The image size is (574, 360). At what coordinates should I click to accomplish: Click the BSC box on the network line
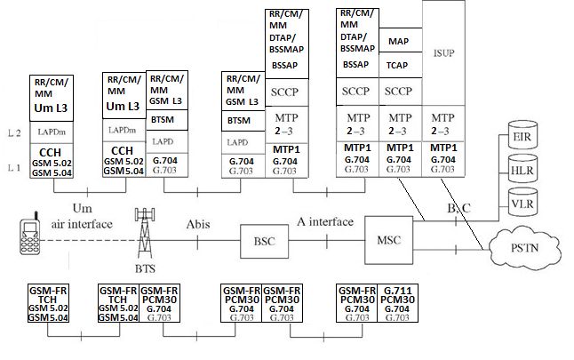tap(264, 240)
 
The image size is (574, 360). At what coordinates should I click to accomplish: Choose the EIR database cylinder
tap(522, 137)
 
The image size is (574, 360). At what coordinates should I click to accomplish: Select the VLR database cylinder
tap(522, 203)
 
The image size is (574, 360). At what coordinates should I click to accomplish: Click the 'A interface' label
tap(325, 222)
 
